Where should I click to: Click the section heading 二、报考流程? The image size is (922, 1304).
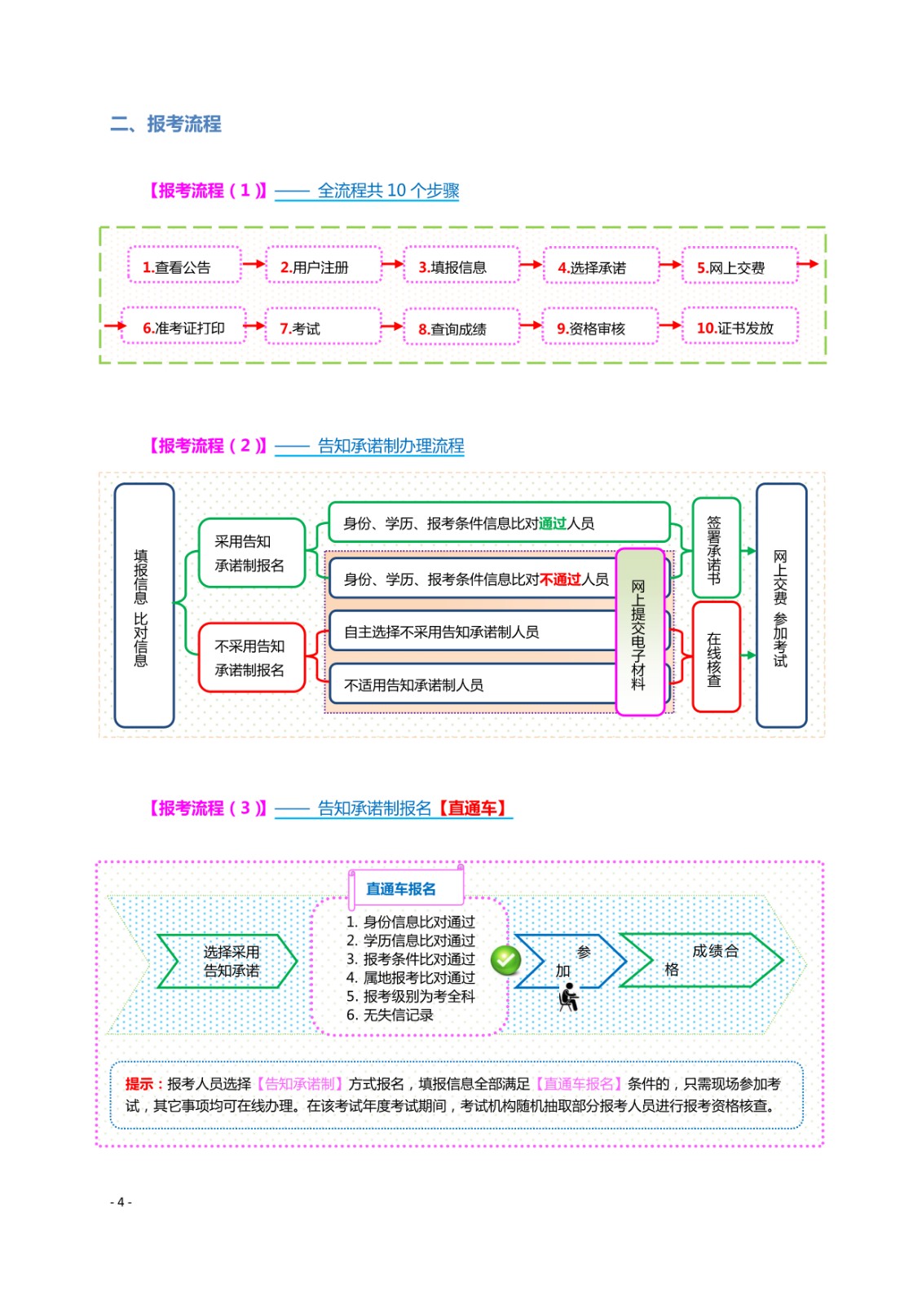click(166, 124)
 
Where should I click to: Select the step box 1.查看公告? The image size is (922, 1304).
click(184, 265)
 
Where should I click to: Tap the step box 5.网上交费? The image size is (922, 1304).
click(739, 266)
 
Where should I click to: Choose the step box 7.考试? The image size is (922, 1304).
click(324, 327)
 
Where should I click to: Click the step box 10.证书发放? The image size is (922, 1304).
click(739, 326)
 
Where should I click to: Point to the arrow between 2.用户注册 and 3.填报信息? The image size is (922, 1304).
click(393, 264)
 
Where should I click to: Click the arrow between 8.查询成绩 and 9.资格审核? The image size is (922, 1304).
click(531, 325)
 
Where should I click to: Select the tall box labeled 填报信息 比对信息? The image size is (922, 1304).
click(144, 606)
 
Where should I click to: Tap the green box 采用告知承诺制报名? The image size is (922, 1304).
click(252, 553)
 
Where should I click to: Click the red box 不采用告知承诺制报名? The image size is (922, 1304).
click(252, 658)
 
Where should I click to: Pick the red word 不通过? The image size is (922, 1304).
click(560, 579)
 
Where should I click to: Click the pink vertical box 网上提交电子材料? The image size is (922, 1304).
click(640, 632)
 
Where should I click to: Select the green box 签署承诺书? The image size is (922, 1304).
click(717, 548)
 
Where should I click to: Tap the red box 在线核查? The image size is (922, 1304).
click(717, 657)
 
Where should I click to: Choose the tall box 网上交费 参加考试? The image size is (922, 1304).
click(782, 606)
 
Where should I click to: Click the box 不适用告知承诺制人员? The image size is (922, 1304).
click(473, 684)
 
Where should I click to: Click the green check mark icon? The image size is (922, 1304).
click(505, 960)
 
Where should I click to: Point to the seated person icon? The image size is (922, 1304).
click(568, 998)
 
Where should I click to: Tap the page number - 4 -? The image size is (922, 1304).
click(121, 1201)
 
